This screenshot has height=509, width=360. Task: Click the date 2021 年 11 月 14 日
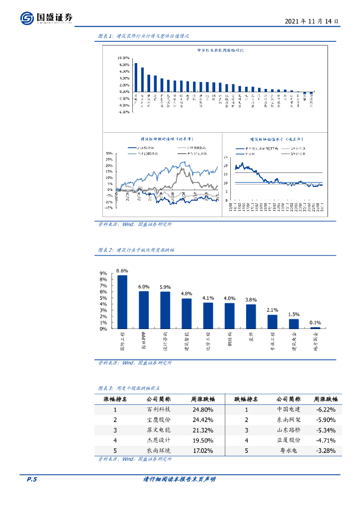(312, 22)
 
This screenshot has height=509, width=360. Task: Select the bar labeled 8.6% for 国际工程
(122, 302)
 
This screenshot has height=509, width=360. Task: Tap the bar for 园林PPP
(144, 310)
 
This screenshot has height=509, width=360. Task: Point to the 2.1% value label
(272, 310)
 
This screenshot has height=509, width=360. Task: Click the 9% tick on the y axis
(103, 273)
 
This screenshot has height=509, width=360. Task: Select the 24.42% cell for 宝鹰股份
(202, 420)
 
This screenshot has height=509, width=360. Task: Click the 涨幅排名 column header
(115, 399)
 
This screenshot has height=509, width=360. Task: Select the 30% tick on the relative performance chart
(109, 153)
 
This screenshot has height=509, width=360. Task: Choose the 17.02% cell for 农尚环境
(202, 450)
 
